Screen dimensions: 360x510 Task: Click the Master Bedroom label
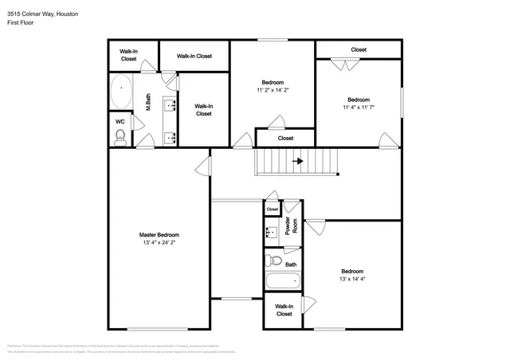159,235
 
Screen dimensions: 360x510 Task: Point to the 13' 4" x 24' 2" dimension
159,245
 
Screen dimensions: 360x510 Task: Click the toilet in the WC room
120,138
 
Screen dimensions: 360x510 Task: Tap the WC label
120,122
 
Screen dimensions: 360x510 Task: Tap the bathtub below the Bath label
284,281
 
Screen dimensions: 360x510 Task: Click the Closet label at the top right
359,49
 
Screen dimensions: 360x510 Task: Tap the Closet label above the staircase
285,138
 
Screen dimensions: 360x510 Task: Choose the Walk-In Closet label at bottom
284,310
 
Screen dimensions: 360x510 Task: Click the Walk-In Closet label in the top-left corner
128,55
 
